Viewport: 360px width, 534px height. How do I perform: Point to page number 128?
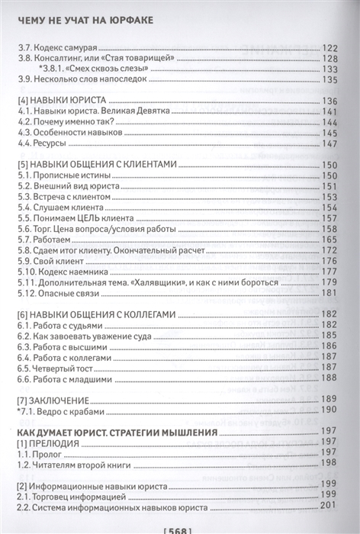point(330,60)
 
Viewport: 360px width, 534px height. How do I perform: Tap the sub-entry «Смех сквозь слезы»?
point(107,71)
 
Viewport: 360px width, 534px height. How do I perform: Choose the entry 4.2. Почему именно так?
point(64,122)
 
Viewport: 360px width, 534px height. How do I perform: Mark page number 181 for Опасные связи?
point(330,293)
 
